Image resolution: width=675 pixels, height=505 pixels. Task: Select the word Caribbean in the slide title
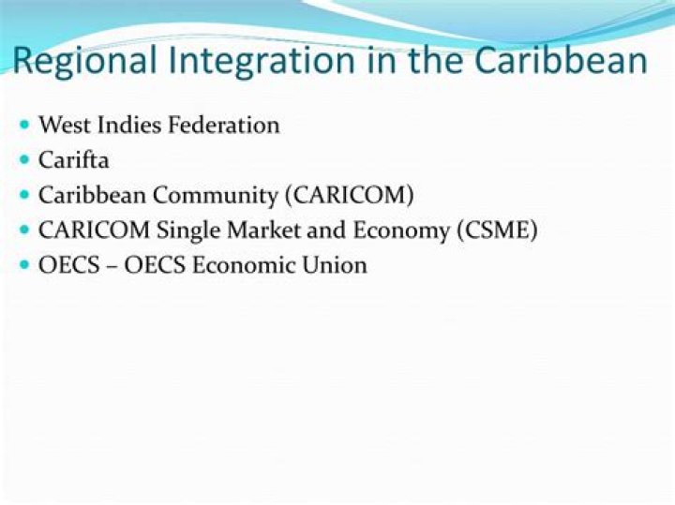pos(561,61)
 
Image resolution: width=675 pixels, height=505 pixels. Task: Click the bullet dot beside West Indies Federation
pos(24,124)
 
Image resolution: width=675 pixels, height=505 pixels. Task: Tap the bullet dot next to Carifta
pos(24,159)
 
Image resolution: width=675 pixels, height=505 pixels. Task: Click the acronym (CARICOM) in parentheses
pos(351,195)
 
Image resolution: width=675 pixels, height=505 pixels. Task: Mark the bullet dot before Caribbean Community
pos(24,194)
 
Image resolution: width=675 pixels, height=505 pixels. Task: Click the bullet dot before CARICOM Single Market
pos(24,230)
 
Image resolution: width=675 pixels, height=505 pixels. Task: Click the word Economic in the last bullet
pos(240,265)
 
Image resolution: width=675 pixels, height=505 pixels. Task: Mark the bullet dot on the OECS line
pos(24,264)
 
